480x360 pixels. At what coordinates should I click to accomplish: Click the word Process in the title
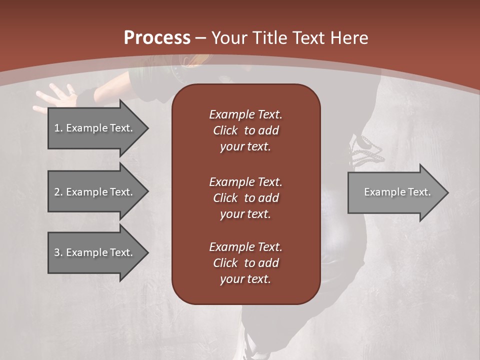[x=157, y=38]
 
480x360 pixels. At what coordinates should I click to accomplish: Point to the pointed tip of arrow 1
[x=146, y=128]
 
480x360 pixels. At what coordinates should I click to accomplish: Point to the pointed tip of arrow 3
[x=146, y=252]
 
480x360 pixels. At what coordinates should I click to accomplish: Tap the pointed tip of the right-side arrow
[x=447, y=192]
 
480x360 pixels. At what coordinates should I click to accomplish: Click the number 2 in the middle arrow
[x=57, y=192]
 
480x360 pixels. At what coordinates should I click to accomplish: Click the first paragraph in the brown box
[x=245, y=130]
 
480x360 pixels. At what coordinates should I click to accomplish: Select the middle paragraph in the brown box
[x=245, y=197]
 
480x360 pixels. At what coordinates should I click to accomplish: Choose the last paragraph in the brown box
[x=245, y=263]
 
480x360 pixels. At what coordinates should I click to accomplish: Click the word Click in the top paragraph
[x=225, y=130]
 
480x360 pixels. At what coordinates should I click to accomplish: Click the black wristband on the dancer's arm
[x=89, y=95]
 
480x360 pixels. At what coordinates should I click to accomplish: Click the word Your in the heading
[x=229, y=38]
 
